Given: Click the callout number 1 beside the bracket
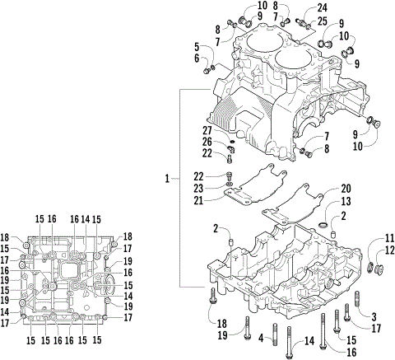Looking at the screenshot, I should (167, 178).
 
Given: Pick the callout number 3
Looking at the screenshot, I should (373, 316).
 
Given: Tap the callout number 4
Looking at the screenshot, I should (261, 338).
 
